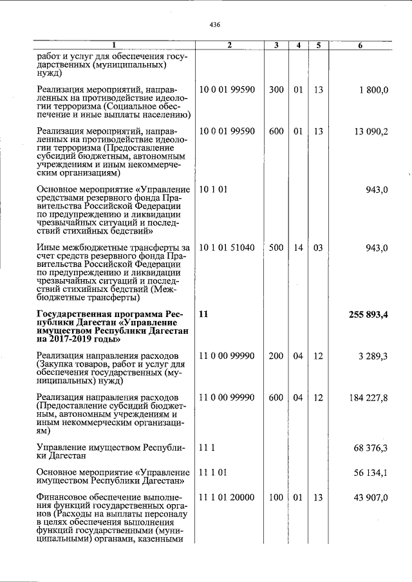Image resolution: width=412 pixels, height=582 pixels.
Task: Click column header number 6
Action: [x=360, y=46]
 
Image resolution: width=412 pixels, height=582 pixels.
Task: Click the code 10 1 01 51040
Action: [x=227, y=248]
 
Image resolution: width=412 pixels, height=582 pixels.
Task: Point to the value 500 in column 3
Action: [x=276, y=248]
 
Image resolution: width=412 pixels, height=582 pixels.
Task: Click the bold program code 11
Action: [x=204, y=314]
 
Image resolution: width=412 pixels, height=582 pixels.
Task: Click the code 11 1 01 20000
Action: [x=227, y=498]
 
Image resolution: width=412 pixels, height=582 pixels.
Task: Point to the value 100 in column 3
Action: [x=276, y=498]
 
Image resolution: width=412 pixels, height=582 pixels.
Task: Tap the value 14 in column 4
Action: [x=298, y=248]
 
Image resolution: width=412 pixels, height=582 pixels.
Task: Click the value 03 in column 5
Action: [x=318, y=248]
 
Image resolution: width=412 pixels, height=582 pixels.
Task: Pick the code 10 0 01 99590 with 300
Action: [x=227, y=90]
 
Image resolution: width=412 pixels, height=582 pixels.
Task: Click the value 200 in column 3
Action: [x=276, y=356]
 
